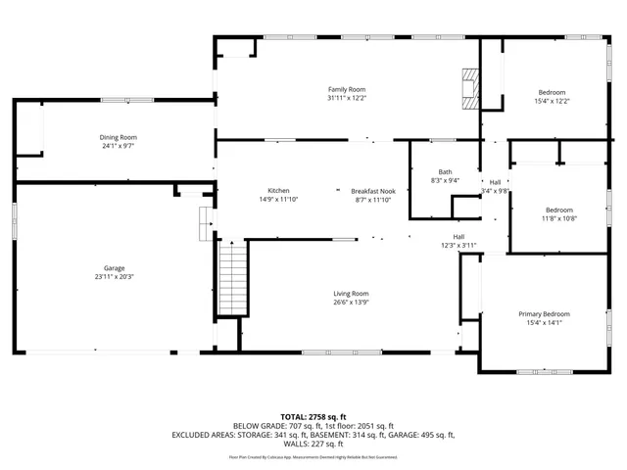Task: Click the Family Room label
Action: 346,89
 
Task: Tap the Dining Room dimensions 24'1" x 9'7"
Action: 118,146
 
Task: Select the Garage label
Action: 115,267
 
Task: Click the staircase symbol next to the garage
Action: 232,279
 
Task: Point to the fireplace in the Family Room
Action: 472,88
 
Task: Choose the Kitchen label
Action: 278,190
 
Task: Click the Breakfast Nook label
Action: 372,190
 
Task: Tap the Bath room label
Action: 445,171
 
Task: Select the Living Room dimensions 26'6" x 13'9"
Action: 351,303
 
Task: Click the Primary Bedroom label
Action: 544,313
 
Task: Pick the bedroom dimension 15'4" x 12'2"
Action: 552,101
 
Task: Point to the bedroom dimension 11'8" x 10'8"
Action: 560,218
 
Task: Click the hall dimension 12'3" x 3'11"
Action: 458,245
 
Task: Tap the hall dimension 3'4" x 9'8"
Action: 496,191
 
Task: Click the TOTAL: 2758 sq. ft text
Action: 313,416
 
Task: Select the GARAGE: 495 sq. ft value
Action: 424,434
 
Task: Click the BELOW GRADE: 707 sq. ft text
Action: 272,425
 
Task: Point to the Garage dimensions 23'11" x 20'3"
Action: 115,276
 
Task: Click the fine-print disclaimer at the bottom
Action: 313,456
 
